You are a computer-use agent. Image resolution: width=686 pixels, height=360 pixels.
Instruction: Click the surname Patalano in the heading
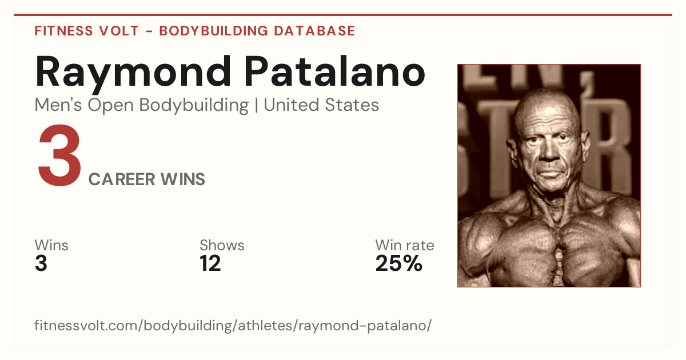coord(335,71)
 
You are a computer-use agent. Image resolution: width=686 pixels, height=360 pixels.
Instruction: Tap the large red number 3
coord(59,155)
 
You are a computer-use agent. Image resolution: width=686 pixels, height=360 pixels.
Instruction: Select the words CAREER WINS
coord(147,179)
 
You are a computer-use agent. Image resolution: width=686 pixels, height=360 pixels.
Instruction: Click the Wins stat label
coord(51,245)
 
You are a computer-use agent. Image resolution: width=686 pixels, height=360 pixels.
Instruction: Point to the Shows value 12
coord(210,263)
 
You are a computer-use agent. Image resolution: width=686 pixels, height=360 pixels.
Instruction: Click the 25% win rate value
coord(399,263)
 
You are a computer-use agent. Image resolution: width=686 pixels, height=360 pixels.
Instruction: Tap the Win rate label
coord(405,245)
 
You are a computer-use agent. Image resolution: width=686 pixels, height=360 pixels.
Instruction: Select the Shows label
coord(222,245)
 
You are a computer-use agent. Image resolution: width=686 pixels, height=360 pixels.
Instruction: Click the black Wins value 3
coord(41,263)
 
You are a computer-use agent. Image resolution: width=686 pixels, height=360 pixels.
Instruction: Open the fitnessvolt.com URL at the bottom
coord(233,325)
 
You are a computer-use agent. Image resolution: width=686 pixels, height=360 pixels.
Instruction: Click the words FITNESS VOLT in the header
coord(87,31)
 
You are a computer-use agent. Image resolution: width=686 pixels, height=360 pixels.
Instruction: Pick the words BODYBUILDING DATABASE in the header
coord(257,31)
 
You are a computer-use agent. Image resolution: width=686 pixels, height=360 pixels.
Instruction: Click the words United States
coord(321,105)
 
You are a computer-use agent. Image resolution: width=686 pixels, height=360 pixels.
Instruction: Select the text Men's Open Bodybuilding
coord(142,106)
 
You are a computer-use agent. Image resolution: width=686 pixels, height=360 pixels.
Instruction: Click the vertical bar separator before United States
coord(256,106)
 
